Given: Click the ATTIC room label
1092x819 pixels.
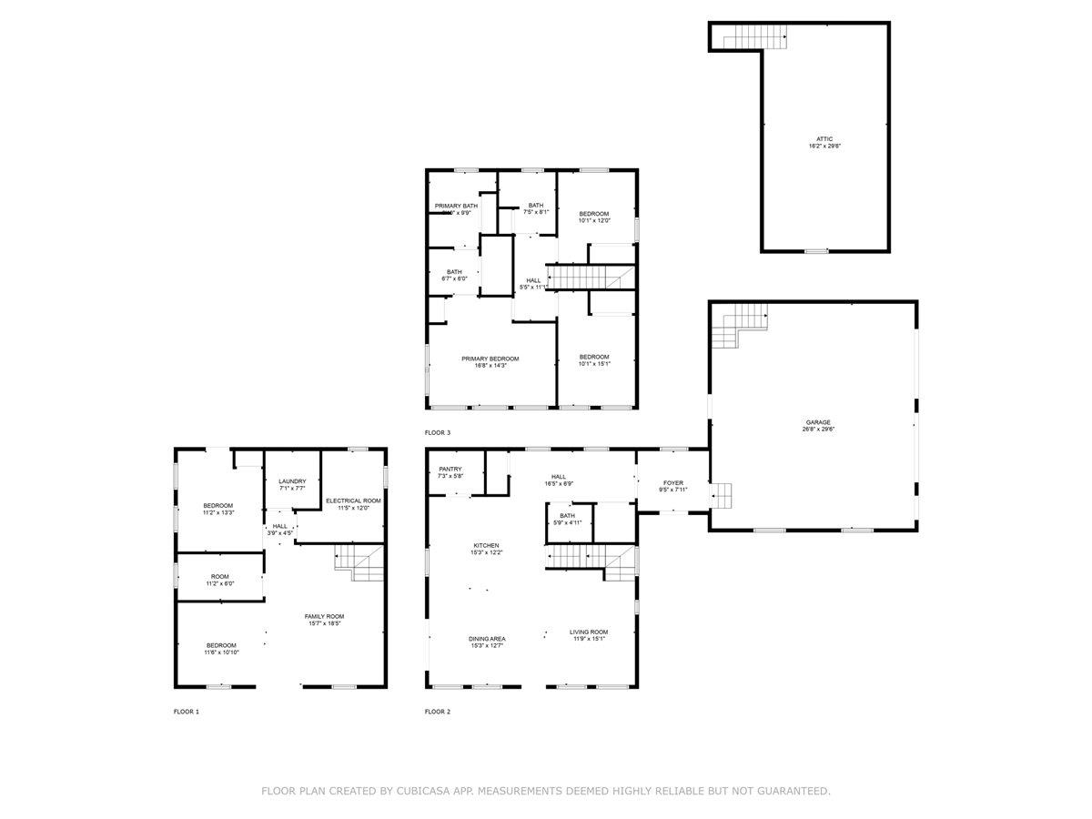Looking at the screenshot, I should (x=824, y=138).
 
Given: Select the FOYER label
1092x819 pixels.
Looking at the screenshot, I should (x=672, y=482).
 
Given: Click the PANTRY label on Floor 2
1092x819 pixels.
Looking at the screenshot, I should (x=450, y=469).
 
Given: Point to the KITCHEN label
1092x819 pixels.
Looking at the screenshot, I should (x=485, y=545).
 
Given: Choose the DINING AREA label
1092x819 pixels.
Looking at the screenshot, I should (x=488, y=639).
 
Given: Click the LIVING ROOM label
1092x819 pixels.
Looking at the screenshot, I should (x=589, y=632).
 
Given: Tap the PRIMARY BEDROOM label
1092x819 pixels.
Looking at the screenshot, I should (x=490, y=359).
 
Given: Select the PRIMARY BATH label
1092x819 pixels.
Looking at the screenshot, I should (x=456, y=206).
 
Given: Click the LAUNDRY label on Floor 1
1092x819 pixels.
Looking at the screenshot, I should (x=292, y=481).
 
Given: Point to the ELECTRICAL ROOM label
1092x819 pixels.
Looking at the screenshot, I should (x=353, y=500).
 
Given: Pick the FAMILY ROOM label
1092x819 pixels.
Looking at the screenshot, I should (x=324, y=616).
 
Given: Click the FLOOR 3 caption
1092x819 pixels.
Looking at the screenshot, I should (x=437, y=432).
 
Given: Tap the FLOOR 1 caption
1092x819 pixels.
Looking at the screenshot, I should (x=186, y=711).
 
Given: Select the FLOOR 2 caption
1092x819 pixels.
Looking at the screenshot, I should (x=437, y=711).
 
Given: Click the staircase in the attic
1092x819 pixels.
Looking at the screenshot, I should (x=754, y=37).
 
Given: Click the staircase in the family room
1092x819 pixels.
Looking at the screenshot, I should (x=360, y=561).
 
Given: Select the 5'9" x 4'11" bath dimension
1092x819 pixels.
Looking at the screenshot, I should (x=568, y=522).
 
